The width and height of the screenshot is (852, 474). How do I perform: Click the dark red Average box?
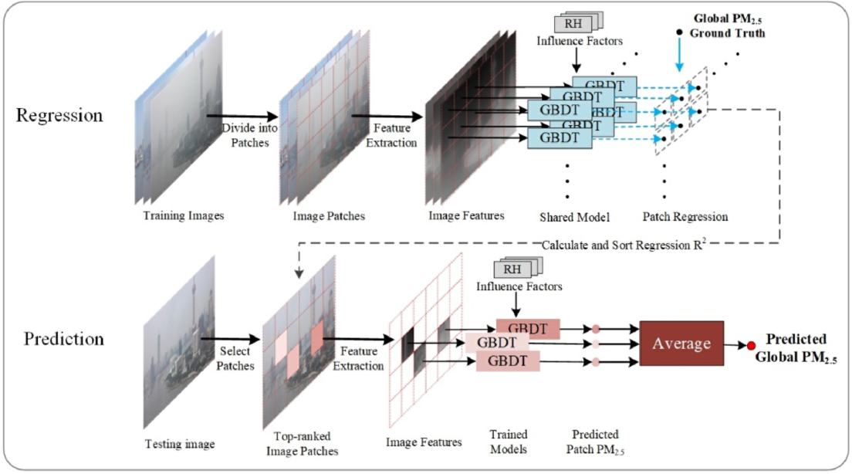[681, 342]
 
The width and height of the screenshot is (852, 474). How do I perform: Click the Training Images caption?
[184, 215]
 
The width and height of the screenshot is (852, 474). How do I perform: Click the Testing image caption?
[180, 444]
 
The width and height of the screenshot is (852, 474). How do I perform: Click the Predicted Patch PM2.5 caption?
[595, 441]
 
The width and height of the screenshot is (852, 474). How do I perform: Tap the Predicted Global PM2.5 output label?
[796, 348]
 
